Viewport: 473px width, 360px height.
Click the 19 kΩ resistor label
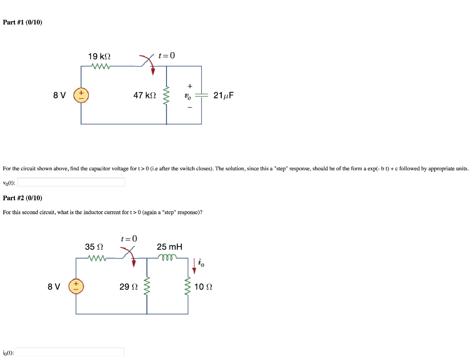[99, 56]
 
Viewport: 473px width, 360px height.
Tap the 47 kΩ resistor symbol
[167, 96]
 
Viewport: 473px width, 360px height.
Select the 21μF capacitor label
[224, 96]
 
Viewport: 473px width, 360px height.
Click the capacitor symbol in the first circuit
[201, 96]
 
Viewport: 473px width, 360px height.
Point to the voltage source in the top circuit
[81, 96]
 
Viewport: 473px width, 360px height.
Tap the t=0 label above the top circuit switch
[166, 56]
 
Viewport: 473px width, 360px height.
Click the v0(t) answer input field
[71, 182]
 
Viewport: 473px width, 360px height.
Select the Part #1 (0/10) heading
[23, 22]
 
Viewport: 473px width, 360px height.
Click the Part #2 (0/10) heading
[23, 198]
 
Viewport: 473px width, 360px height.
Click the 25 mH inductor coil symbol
[166, 257]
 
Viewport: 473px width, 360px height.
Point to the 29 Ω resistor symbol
[147, 287]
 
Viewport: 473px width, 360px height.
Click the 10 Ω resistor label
[203, 287]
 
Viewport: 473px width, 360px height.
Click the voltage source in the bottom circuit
[76, 287]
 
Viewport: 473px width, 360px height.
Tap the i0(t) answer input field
[70, 352]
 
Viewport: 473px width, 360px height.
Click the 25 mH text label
[170, 247]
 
